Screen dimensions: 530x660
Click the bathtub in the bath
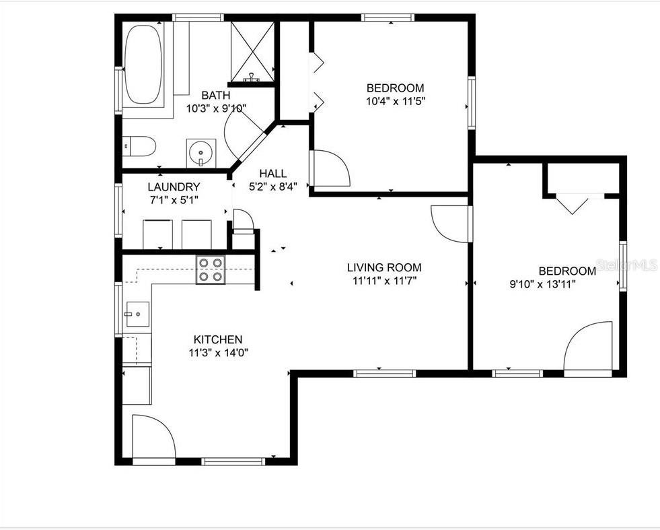[143, 65]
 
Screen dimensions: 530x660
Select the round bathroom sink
[201, 152]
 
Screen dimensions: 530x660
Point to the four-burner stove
[210, 269]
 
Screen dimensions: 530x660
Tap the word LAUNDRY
[174, 187]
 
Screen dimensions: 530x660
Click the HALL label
[272, 174]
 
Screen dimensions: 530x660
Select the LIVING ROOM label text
[384, 267]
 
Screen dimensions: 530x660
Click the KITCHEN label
[218, 339]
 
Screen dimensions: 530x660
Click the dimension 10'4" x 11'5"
[396, 100]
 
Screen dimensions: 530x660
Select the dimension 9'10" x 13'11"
[542, 284]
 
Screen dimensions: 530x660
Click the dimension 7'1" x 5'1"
[173, 199]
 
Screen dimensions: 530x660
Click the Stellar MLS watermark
[626, 265]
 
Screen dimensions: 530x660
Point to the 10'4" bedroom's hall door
[330, 168]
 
